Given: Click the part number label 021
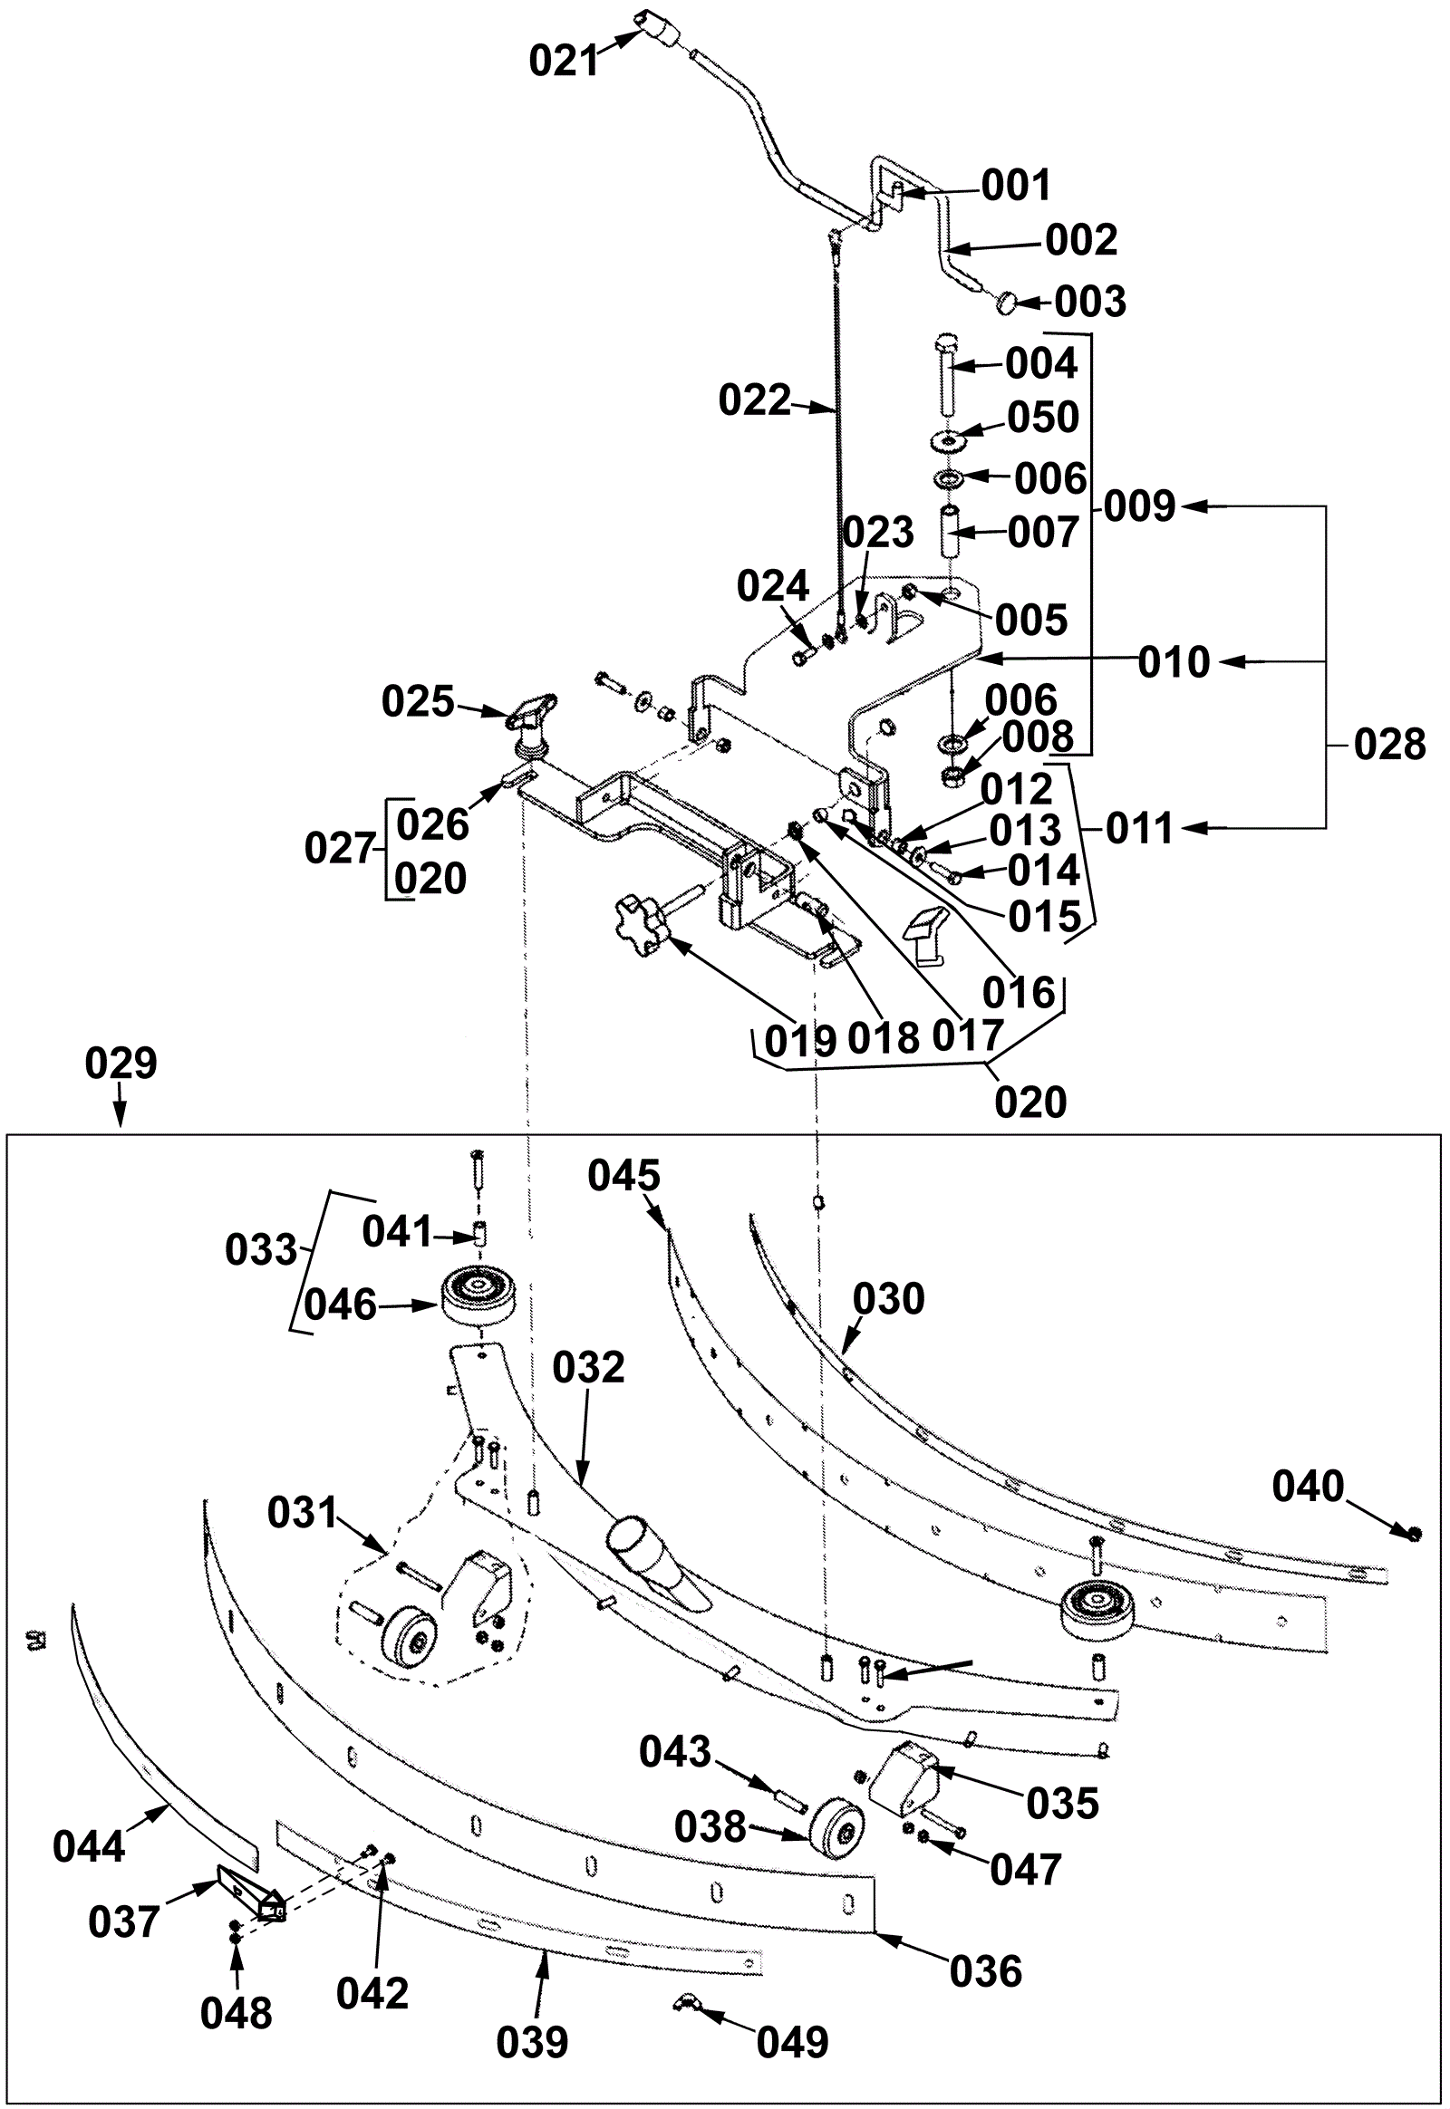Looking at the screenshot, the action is pos(565,61).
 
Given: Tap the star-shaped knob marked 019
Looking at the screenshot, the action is pos(641,926).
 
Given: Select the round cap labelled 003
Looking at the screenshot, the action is pos(1007,302).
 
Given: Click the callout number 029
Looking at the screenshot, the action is pos(121,1063).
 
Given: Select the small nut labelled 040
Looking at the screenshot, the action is pos(1414,1534).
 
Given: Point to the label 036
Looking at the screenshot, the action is pos(986,1971).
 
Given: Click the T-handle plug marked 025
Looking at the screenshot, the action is pos(529,724).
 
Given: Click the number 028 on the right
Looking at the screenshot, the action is pos(1389,745).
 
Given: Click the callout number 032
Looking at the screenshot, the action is pos(589,1367).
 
